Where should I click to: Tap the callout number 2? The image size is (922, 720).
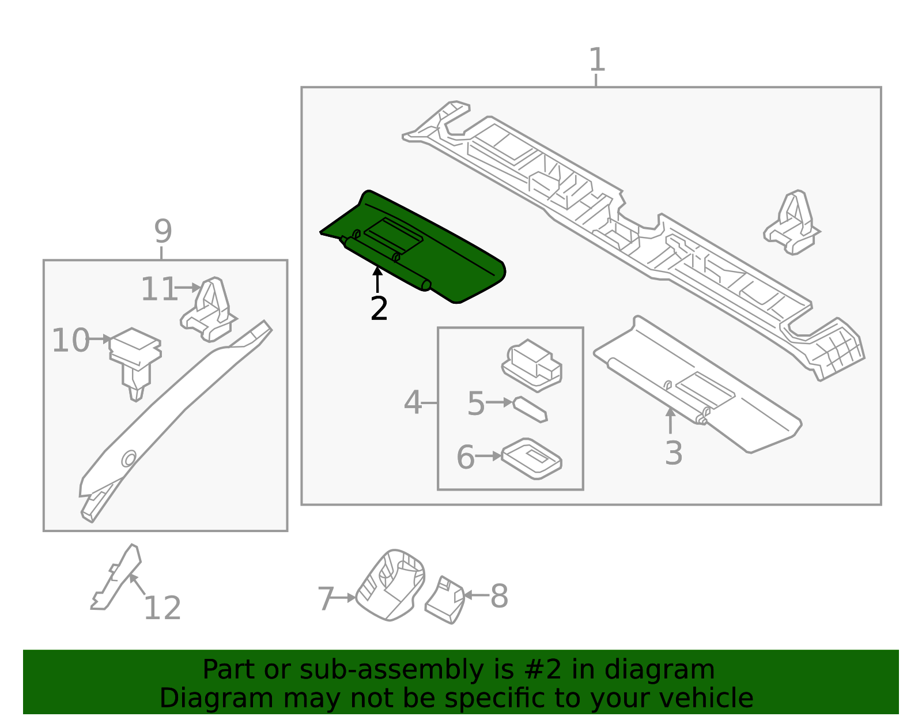(x=379, y=309)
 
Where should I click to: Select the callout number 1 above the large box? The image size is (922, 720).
(x=597, y=60)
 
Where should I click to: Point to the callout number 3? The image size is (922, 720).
(x=673, y=453)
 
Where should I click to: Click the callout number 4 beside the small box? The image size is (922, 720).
(x=413, y=402)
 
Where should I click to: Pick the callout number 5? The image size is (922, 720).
(x=476, y=404)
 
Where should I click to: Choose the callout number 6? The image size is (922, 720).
(x=466, y=457)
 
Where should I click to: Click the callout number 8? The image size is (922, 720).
(x=499, y=596)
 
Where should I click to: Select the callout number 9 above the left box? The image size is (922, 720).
(x=163, y=232)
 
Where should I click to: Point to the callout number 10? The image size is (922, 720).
(x=71, y=340)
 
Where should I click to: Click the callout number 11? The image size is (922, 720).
(x=159, y=289)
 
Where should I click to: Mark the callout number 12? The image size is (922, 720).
(x=163, y=608)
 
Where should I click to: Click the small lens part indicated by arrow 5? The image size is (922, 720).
(x=530, y=409)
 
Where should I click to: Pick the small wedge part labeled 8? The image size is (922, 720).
(x=445, y=600)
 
